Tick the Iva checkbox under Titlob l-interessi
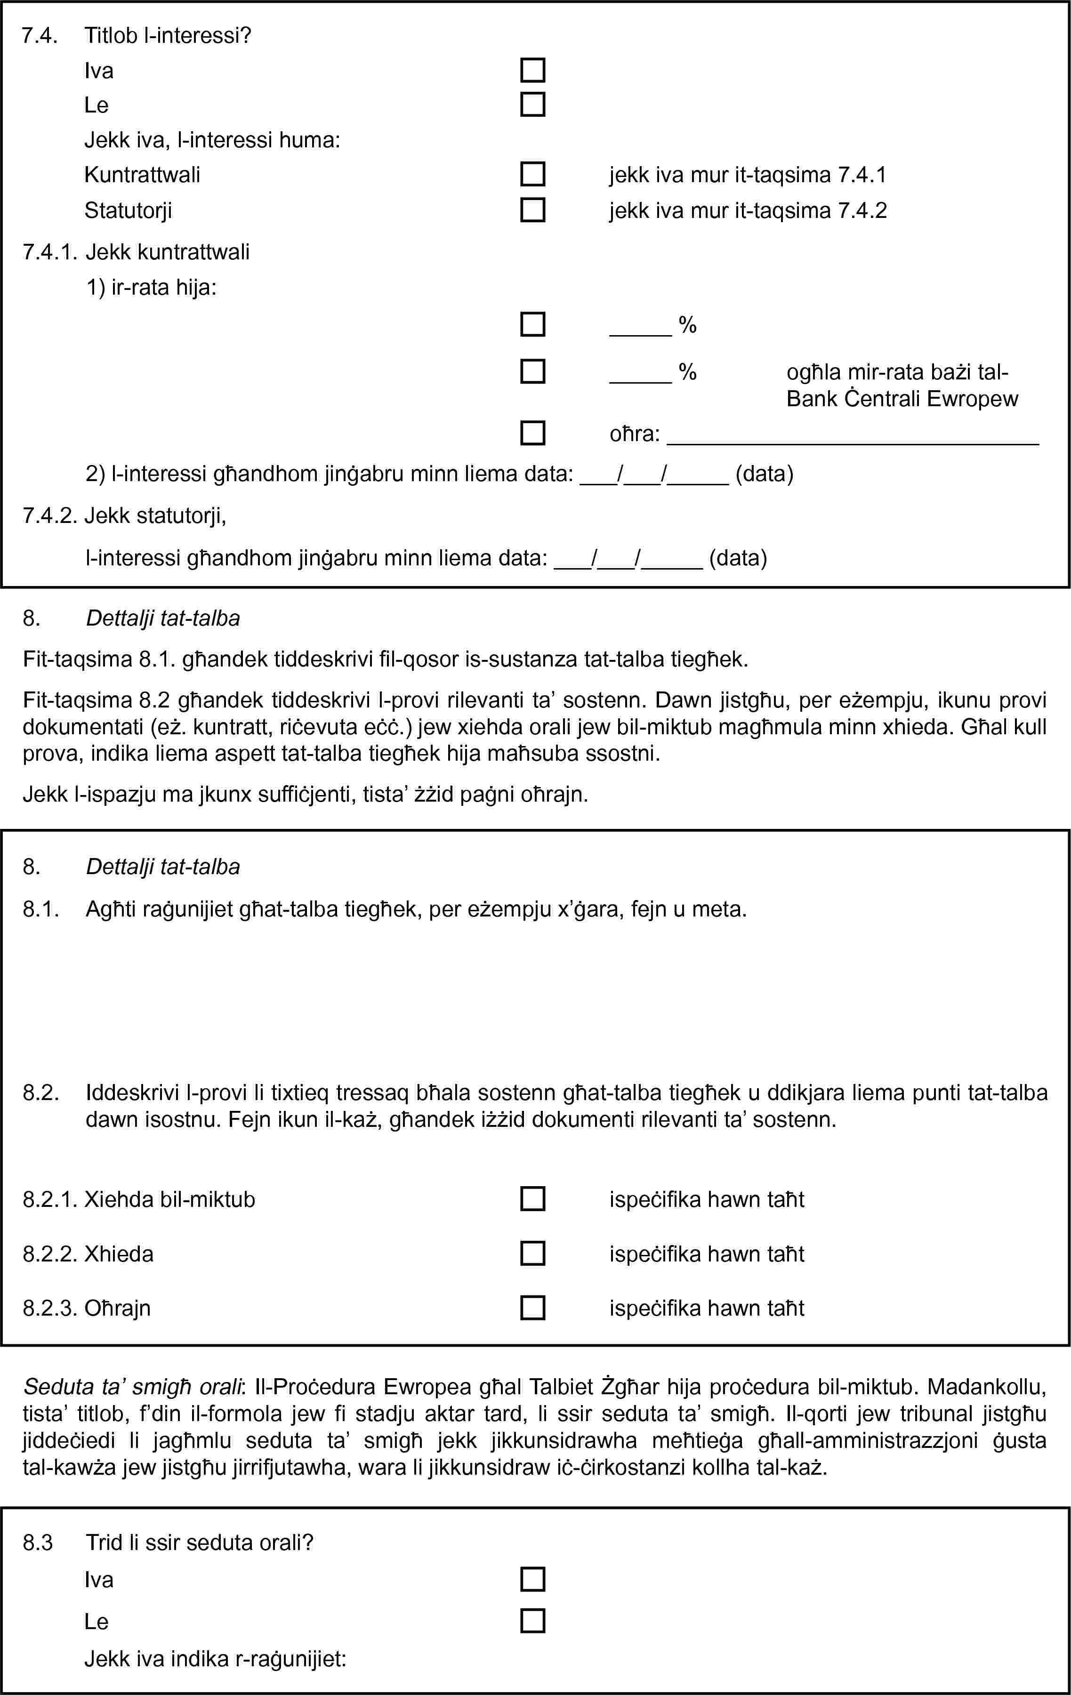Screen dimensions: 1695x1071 532,71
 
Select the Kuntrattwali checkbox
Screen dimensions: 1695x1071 532,174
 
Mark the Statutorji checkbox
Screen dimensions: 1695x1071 532,210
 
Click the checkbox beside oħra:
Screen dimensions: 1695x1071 532,433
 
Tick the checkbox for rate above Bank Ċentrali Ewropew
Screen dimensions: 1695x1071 532,371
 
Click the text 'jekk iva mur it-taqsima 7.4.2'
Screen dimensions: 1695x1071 748,210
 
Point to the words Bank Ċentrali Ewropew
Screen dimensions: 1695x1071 902,399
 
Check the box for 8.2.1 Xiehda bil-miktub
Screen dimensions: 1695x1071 532,1199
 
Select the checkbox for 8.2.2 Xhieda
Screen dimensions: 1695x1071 532,1253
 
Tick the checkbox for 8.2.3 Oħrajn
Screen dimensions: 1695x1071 532,1308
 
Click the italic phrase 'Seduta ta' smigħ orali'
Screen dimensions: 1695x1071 132,1387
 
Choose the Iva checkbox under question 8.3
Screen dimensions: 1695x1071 532,1580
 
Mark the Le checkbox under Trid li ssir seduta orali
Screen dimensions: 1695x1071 532,1621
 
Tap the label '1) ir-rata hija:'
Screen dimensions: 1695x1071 152,287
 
